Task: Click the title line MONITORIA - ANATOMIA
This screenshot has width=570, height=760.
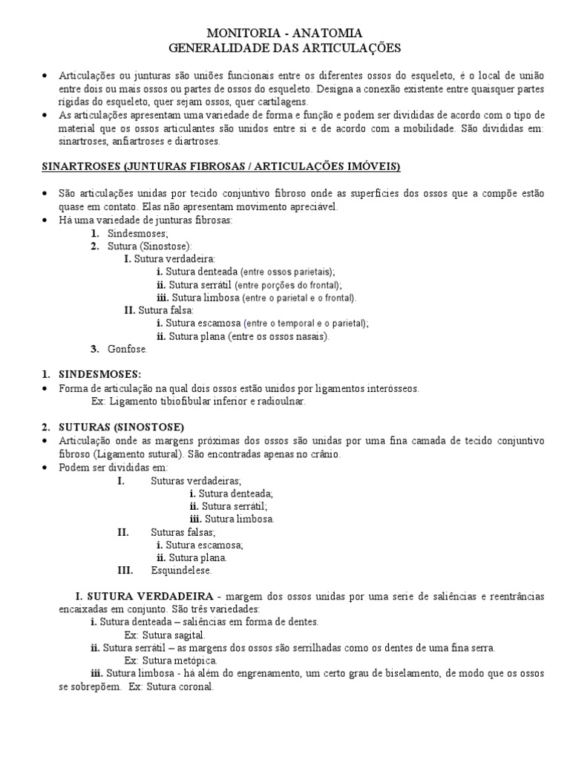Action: click(x=284, y=33)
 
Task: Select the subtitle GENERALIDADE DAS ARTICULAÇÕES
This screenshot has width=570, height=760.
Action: click(x=284, y=48)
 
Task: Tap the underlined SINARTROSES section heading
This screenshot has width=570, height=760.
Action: click(x=220, y=166)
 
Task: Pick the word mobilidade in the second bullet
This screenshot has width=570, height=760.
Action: click(x=364, y=128)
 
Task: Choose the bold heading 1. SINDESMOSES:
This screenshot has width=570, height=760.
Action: click(x=91, y=373)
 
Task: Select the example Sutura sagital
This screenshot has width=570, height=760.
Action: click(x=165, y=635)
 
